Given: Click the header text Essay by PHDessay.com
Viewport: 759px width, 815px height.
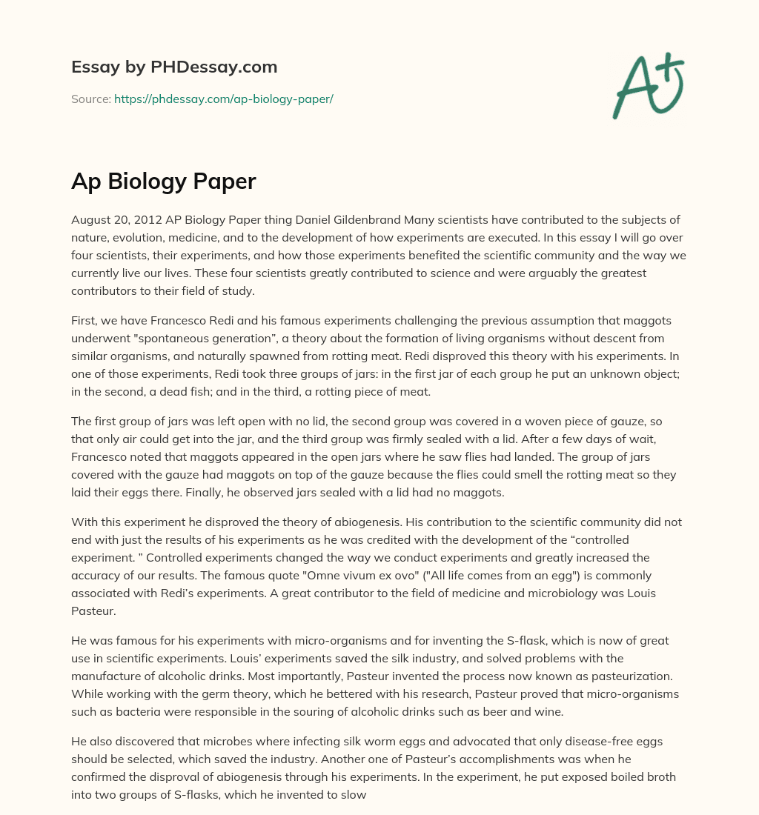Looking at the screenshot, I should [174, 67].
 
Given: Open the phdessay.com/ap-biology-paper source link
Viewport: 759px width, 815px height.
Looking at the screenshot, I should [223, 99].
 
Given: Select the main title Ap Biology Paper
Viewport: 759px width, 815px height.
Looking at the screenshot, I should [163, 181].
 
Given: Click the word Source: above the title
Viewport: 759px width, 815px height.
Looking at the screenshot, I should [91, 99].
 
